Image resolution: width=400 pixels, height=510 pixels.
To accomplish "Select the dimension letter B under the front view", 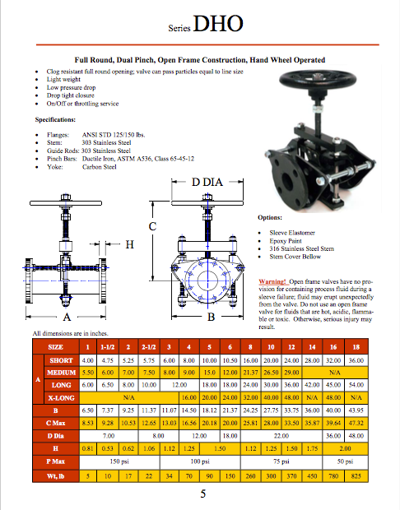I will pos(211,316).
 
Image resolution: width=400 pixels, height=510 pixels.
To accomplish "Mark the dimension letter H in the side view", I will pos(129,243).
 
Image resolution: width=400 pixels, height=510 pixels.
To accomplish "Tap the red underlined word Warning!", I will pos(274,281).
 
